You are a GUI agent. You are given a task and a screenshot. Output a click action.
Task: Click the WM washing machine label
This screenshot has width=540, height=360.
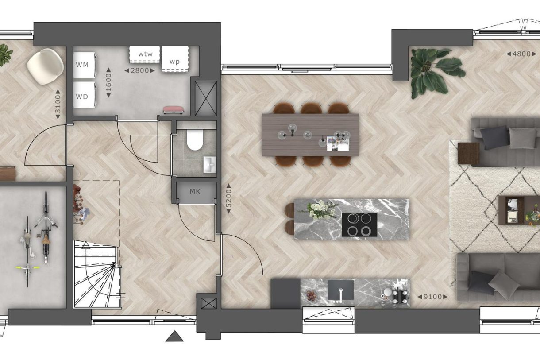(82, 65)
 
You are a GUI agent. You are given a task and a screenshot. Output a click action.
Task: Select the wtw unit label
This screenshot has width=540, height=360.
(145, 54)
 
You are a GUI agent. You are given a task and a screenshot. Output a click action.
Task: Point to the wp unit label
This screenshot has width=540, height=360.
(175, 61)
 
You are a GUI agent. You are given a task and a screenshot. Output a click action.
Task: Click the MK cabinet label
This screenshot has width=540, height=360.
(195, 192)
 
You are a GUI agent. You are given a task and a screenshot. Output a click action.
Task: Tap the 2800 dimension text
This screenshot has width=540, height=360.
(140, 70)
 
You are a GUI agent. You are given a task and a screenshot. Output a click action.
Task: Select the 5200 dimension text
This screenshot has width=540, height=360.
(229, 198)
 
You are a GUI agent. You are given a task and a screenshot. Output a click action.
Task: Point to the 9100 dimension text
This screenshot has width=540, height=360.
(432, 297)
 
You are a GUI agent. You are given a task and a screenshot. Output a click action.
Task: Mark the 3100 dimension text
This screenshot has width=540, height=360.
(58, 105)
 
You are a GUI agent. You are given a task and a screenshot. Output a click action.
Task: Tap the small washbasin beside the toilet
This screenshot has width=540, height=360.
(209, 164)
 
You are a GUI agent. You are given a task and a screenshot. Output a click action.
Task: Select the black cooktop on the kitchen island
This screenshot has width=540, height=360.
(359, 225)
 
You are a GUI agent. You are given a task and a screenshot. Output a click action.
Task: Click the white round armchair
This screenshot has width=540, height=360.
(45, 66)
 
